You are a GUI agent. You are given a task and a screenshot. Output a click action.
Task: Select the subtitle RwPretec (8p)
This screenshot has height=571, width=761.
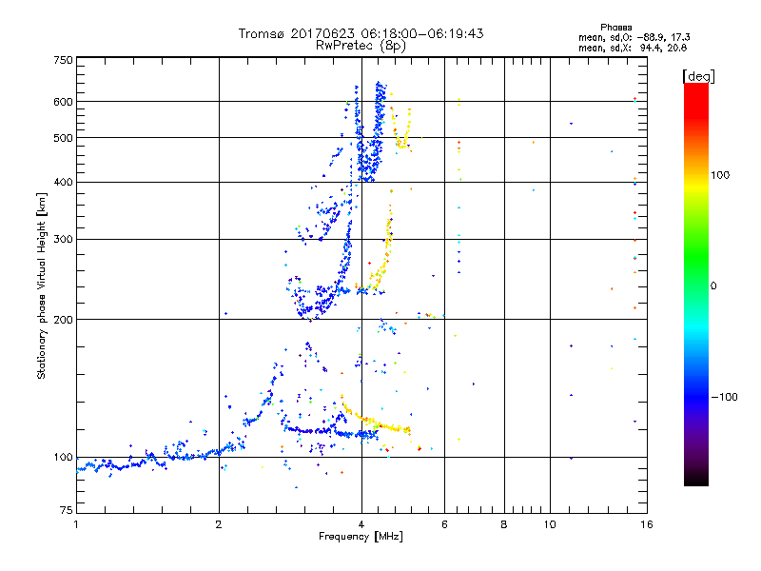361,45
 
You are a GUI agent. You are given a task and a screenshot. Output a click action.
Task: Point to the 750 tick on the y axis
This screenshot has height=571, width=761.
63,60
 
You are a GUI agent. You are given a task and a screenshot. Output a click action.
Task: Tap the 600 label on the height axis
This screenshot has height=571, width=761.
63,101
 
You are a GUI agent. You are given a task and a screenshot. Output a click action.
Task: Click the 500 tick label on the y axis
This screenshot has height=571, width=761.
63,137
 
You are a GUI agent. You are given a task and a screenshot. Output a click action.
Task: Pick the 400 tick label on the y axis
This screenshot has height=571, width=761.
63,182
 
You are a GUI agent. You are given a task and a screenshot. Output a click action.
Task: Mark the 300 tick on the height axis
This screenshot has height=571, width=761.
63,239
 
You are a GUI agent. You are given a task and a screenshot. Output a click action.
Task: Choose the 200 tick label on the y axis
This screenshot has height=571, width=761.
63,319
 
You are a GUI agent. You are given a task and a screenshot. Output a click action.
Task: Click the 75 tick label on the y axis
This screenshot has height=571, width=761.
66,514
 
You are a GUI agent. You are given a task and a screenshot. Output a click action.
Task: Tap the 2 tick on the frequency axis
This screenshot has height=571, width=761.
219,523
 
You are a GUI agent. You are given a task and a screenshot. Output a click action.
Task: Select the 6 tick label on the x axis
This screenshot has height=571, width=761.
444,523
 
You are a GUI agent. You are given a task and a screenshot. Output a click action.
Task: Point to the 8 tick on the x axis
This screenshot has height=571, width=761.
504,523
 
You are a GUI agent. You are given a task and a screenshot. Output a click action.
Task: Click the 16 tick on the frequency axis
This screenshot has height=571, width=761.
645,523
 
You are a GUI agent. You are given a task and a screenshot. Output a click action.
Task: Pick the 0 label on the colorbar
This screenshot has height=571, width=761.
714,285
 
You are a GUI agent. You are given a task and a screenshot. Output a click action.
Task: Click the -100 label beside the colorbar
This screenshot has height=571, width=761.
725,397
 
